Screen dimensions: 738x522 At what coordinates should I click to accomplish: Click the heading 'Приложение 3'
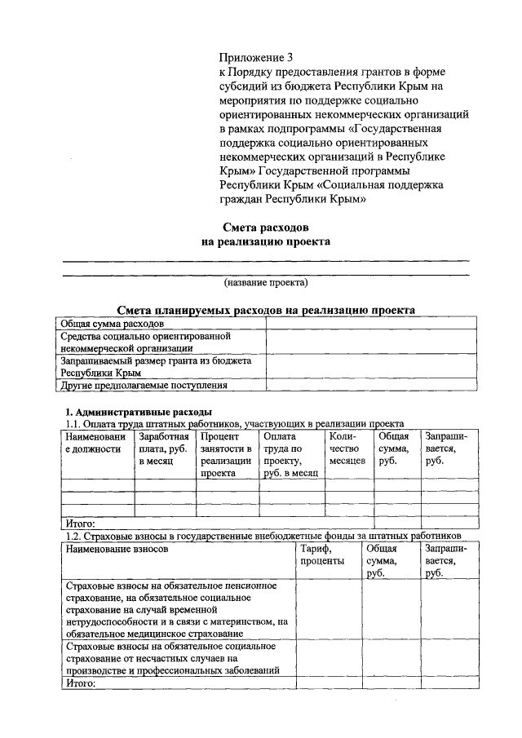point(255,58)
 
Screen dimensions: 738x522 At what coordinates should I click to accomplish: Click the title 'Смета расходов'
point(266,227)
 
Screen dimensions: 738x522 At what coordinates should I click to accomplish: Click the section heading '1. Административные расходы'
point(139,412)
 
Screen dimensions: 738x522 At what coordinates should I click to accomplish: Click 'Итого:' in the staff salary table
point(80,523)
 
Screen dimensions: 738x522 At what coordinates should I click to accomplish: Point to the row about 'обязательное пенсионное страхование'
point(176,609)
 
